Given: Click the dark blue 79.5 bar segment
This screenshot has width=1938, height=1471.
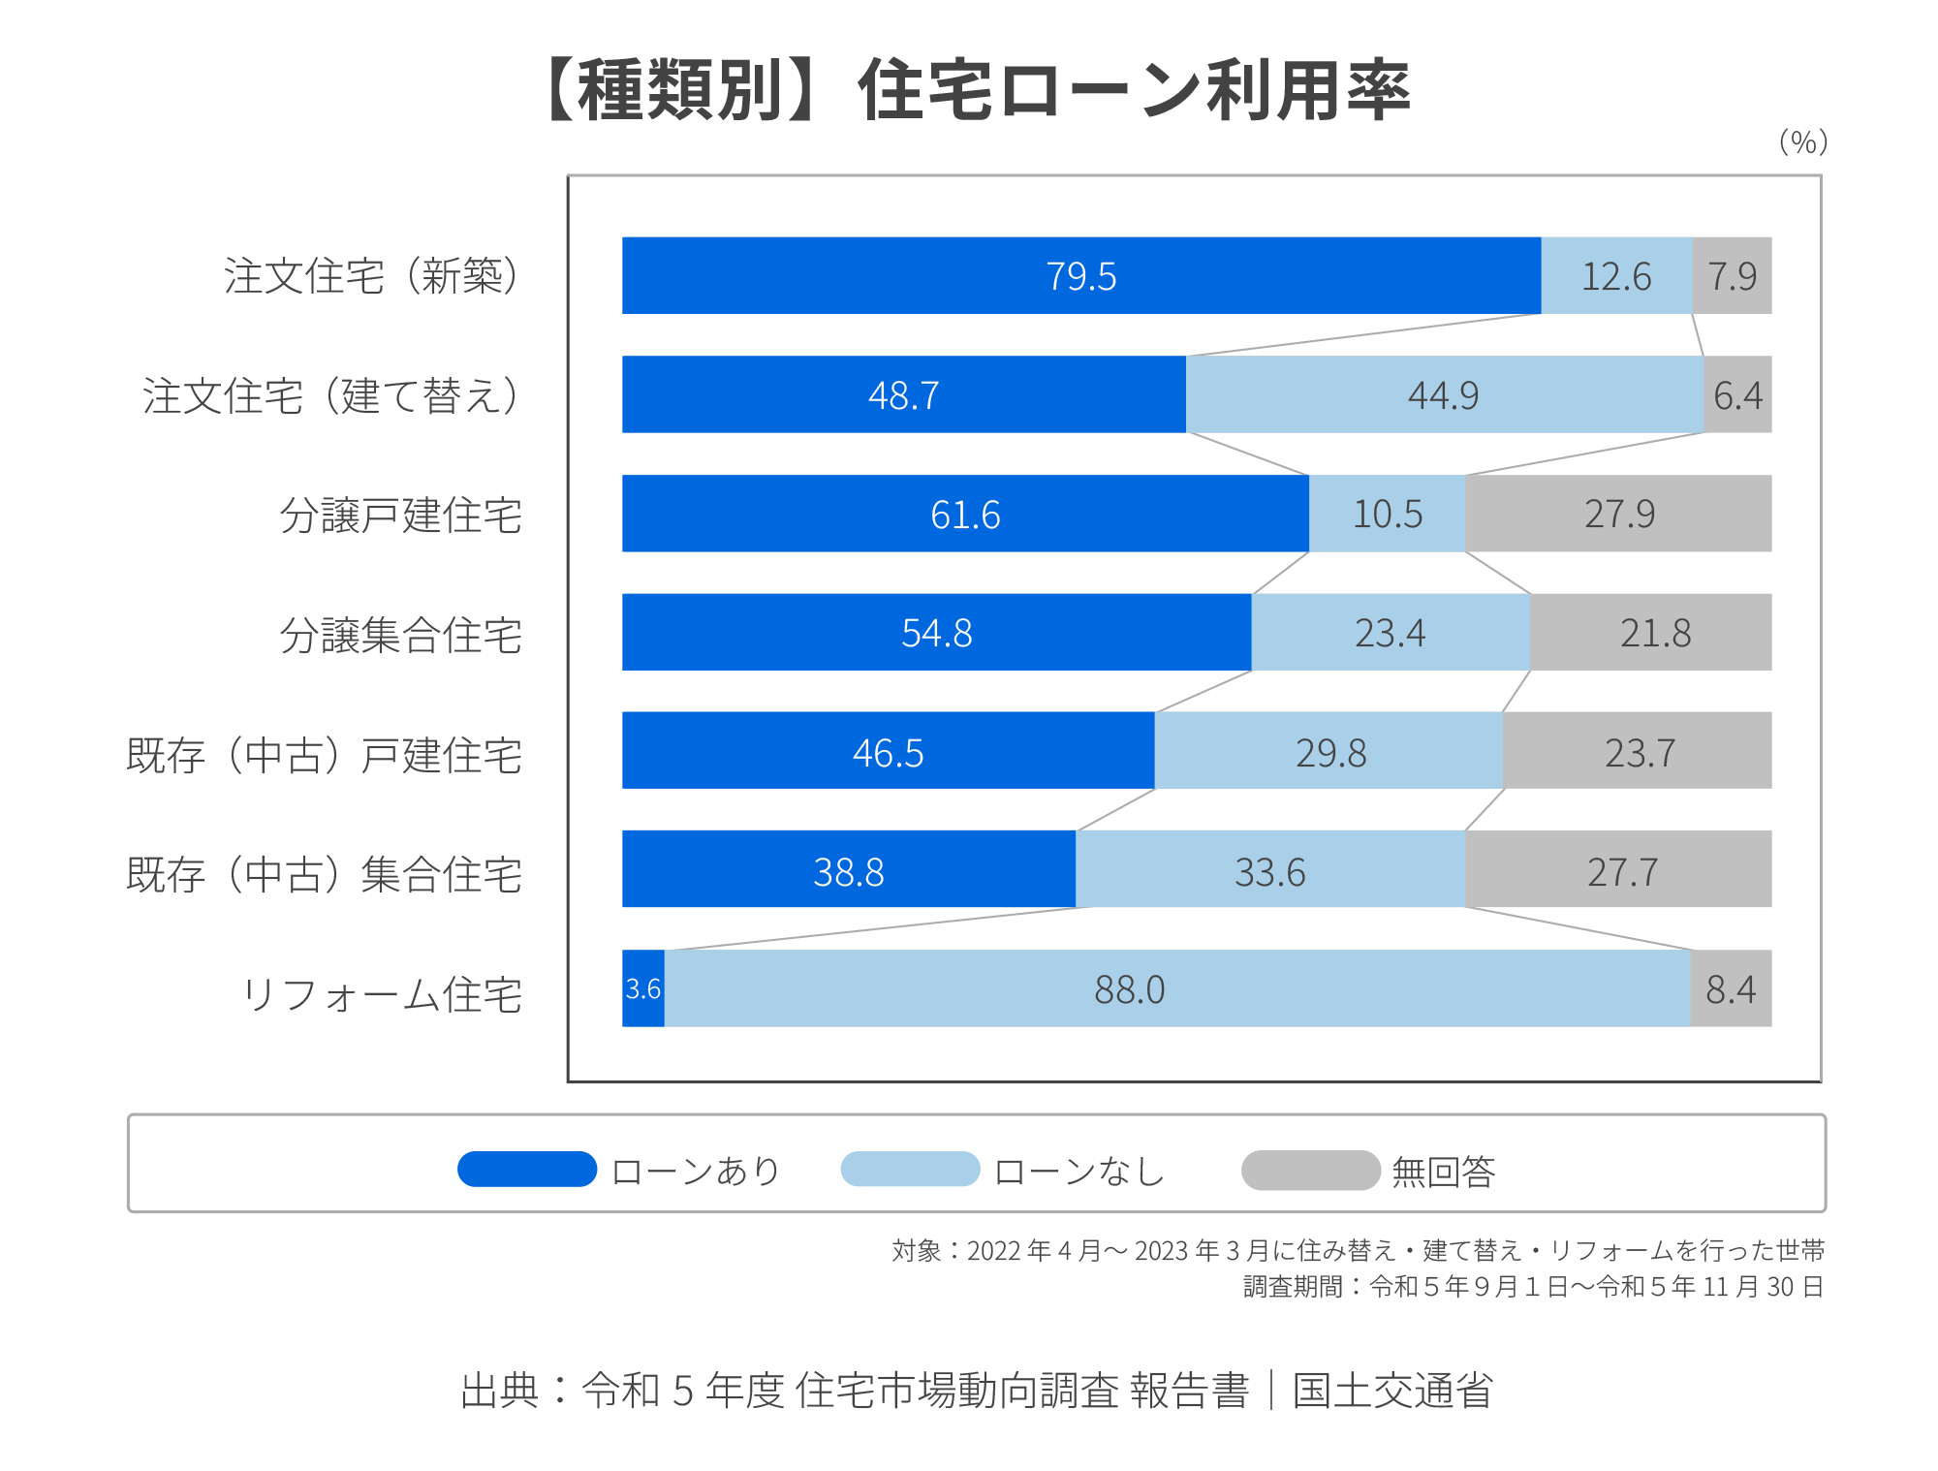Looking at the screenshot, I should click(x=1080, y=275).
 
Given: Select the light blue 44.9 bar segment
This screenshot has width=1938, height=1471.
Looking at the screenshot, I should click(x=1444, y=394).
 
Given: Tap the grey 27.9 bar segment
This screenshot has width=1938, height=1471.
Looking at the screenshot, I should click(x=1618, y=514).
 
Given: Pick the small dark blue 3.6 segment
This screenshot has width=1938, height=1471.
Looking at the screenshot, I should click(x=643, y=988).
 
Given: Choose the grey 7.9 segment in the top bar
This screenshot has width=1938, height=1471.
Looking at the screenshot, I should click(x=1733, y=275).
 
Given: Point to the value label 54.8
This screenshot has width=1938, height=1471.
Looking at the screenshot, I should click(x=936, y=633).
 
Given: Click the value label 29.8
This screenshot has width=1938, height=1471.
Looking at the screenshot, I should click(x=1330, y=753).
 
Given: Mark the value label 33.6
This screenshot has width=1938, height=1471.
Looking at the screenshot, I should click(x=1269, y=872).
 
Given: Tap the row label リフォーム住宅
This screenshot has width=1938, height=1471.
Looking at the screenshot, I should click(x=382, y=994).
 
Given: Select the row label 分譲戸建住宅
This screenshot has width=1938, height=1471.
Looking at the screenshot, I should click(x=401, y=515).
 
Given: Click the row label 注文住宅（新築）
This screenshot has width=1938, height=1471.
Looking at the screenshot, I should click(x=373, y=276).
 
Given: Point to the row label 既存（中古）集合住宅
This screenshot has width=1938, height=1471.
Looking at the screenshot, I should click(x=325, y=874).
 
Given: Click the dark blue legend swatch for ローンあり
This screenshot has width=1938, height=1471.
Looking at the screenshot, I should click(x=527, y=1169).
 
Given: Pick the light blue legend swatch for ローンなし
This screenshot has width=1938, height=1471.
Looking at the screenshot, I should click(x=910, y=1169).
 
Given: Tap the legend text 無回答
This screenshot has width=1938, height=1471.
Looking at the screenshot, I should click(x=1443, y=1172).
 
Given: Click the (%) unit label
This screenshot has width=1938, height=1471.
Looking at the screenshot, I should click(x=1802, y=142).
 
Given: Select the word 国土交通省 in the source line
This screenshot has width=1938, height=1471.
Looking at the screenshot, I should click(x=1392, y=1391).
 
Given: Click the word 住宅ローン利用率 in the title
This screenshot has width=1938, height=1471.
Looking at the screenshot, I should click(x=1134, y=90).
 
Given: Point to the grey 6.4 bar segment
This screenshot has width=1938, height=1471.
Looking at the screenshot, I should click(x=1737, y=394).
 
